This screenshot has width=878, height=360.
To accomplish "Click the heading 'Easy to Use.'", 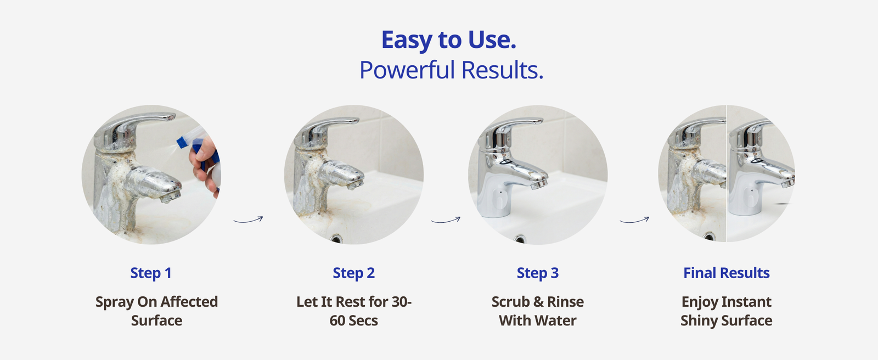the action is point(449,40).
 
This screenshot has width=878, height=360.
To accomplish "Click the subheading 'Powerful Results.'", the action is point(452,70).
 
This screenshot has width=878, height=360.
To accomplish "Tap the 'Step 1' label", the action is point(151,273).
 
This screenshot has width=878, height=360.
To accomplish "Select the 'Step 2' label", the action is point(353,273).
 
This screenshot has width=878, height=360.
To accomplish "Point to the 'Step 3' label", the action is point(538,273).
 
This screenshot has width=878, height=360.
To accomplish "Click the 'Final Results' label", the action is point(727,273).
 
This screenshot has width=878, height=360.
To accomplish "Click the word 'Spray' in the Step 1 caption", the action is point(115,302).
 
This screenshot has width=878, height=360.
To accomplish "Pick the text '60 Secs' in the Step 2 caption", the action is point(353,321).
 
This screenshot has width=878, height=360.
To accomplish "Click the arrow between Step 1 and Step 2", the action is point(248,220).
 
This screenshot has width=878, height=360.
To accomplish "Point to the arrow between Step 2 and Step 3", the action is point(446,220).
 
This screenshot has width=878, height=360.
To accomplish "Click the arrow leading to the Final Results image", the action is point(634,220).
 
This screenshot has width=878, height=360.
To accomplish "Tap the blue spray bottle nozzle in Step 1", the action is point(182,142).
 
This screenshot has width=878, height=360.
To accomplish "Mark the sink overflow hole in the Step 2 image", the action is point(335,238).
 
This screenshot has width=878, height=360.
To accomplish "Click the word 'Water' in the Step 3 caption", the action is point(556,321).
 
